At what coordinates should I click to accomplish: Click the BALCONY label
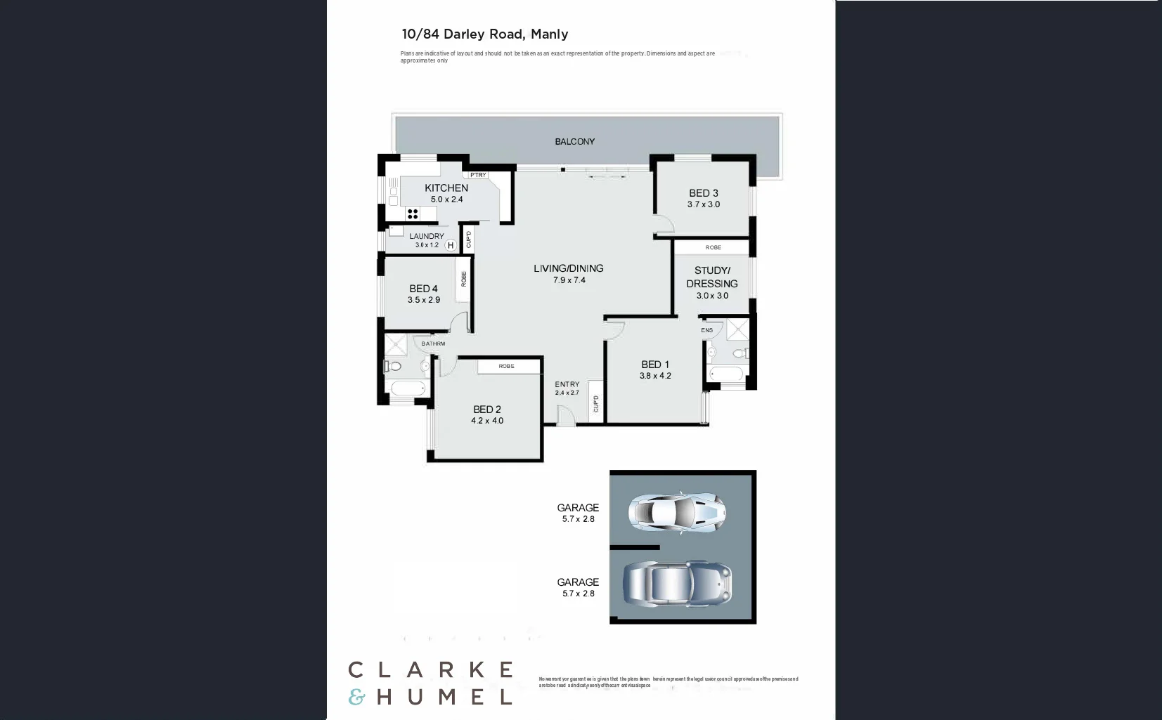click(x=574, y=142)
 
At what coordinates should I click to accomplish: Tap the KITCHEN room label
click(x=446, y=188)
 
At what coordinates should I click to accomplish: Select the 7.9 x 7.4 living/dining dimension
click(x=569, y=280)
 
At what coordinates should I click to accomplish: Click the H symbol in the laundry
click(x=451, y=245)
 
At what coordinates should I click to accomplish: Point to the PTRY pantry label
click(x=478, y=175)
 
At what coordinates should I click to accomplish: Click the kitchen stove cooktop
click(x=413, y=214)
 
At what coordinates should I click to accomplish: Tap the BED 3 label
click(x=703, y=193)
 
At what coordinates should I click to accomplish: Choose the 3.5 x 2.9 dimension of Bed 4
click(x=423, y=300)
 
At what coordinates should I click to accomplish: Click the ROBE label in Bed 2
click(x=506, y=366)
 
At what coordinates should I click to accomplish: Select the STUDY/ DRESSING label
click(x=711, y=277)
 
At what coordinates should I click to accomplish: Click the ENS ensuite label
click(x=706, y=330)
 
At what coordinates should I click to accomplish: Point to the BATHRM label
click(x=433, y=343)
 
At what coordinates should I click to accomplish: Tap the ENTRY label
click(x=567, y=384)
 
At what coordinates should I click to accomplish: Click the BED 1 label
click(x=654, y=364)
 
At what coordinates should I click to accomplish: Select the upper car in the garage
click(x=676, y=511)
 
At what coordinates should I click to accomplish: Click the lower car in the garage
click(x=677, y=583)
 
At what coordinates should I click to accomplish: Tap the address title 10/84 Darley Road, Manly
click(x=484, y=34)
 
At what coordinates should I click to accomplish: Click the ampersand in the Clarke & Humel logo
click(x=357, y=697)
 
